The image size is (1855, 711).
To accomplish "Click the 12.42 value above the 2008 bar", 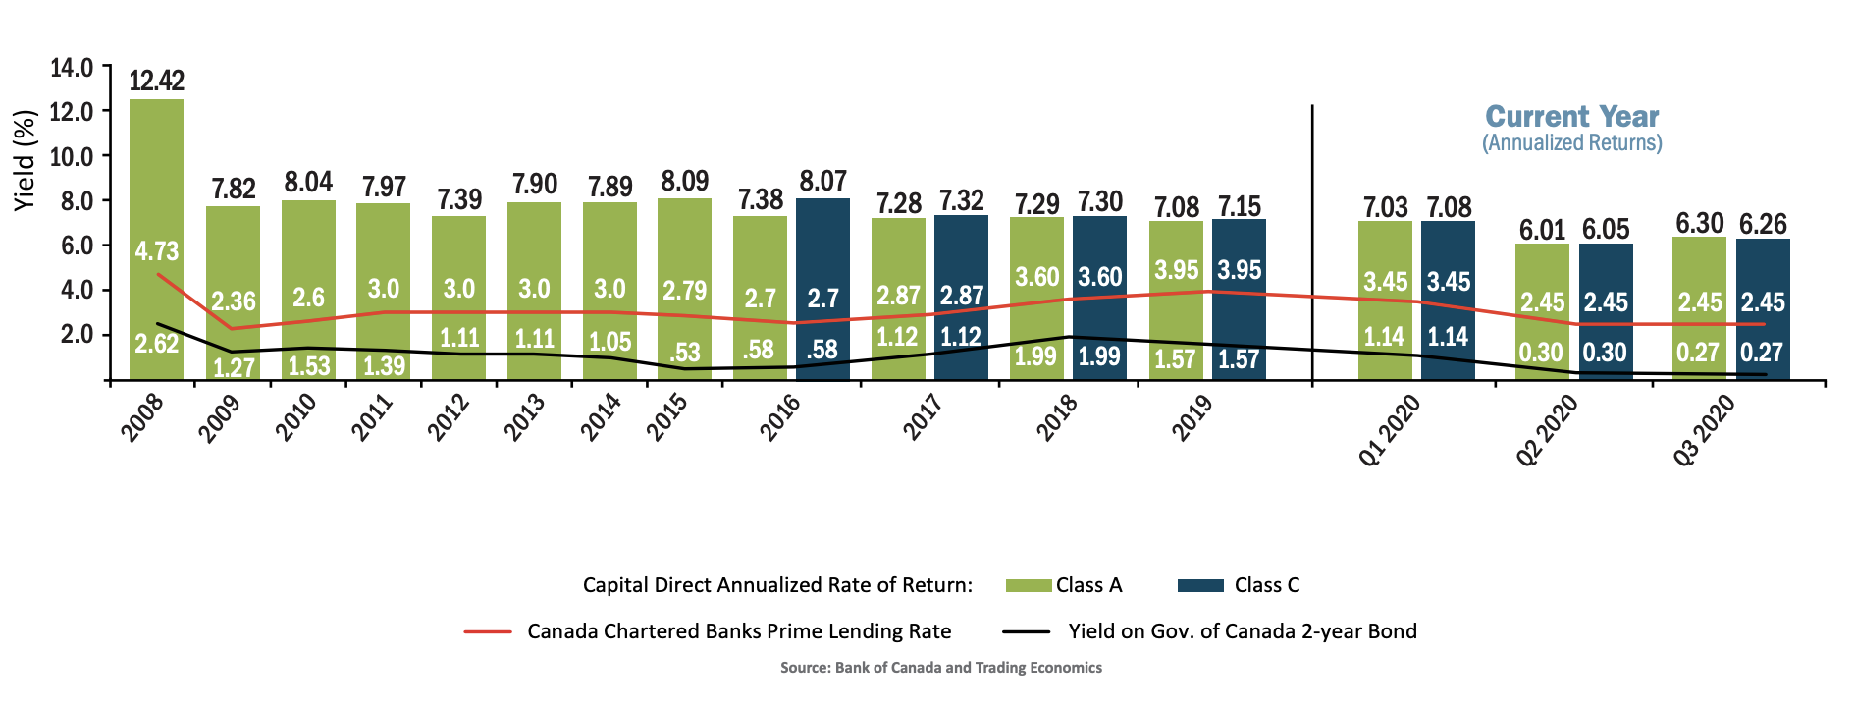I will click(156, 81).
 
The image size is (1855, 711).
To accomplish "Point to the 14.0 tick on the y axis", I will click(72, 68).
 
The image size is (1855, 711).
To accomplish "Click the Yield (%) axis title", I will click(25, 159).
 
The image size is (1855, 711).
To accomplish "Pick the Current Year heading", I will click(1571, 117).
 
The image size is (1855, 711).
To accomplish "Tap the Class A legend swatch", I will click(1029, 586).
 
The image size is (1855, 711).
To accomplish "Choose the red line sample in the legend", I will click(488, 631).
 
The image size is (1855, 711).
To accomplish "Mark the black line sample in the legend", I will click(1026, 631).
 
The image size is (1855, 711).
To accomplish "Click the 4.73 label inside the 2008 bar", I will click(157, 251).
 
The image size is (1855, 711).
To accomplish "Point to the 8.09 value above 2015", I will click(684, 182).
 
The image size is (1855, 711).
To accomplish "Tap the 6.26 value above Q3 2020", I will click(1763, 224).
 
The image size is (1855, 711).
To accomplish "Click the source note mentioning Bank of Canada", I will click(940, 668).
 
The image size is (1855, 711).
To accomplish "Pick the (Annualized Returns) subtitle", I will click(1571, 143).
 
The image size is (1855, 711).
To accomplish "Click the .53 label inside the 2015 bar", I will click(684, 352).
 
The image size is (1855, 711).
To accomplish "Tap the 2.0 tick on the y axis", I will click(77, 335).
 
